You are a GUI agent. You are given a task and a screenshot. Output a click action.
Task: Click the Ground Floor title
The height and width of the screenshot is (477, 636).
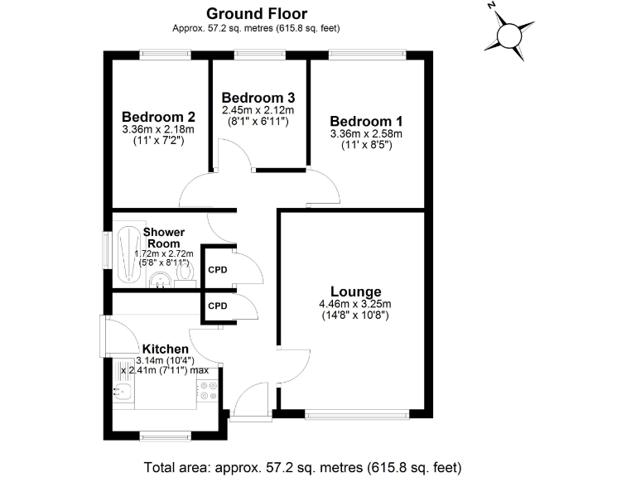click(x=256, y=13)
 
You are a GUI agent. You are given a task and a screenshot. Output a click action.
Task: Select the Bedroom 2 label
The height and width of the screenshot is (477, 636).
click(x=158, y=116)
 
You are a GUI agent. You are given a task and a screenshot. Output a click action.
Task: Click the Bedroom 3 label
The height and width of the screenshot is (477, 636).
click(x=258, y=97)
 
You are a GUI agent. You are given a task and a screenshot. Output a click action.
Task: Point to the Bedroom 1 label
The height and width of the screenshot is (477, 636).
click(x=365, y=120)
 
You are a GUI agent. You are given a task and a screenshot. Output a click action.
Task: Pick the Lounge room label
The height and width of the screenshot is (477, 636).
click(x=355, y=291)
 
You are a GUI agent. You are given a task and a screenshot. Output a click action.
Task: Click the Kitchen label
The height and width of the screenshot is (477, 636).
click(x=166, y=349)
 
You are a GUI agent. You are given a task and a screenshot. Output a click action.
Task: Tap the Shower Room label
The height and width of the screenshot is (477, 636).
click(x=164, y=238)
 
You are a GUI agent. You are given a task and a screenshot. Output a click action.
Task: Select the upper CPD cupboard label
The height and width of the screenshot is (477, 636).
click(x=217, y=270)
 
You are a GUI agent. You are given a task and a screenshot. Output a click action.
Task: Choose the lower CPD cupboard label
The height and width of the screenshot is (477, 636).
click(x=217, y=306)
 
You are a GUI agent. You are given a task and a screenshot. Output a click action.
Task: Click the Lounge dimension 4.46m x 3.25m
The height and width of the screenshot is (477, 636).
click(x=355, y=304)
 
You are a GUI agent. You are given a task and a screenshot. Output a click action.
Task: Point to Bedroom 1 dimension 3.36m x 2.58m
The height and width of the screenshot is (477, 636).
click(x=365, y=133)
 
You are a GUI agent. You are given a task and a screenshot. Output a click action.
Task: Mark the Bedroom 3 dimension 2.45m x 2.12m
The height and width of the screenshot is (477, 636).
click(x=258, y=109)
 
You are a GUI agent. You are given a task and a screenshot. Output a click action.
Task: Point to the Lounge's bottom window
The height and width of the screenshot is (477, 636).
click(x=357, y=414)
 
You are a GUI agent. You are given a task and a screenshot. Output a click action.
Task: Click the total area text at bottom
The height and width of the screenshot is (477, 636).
click(x=302, y=466)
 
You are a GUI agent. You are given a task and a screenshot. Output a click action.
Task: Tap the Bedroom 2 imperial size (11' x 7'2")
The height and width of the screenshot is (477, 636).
click(x=158, y=141)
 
